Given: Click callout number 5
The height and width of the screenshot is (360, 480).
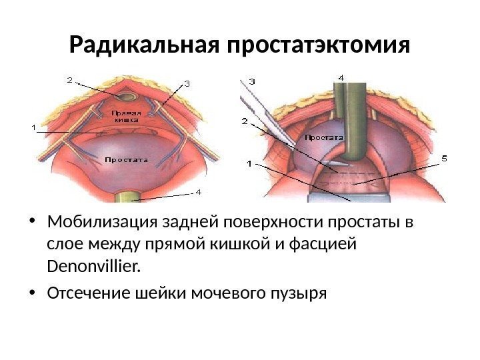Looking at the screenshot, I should pyautogui.click(x=445, y=158).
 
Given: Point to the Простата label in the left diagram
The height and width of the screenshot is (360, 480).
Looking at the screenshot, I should pyautogui.click(x=127, y=160).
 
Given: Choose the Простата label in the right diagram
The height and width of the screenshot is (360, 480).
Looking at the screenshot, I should pyautogui.click(x=324, y=137).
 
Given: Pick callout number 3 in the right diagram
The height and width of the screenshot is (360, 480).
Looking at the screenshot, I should pyautogui.click(x=252, y=81).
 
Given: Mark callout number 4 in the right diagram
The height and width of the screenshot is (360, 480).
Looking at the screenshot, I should pyautogui.click(x=341, y=77).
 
